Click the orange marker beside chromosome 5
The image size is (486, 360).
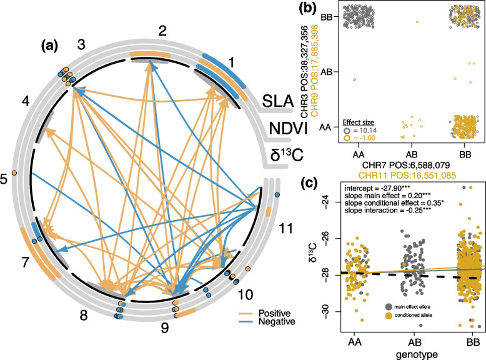(14, 172)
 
